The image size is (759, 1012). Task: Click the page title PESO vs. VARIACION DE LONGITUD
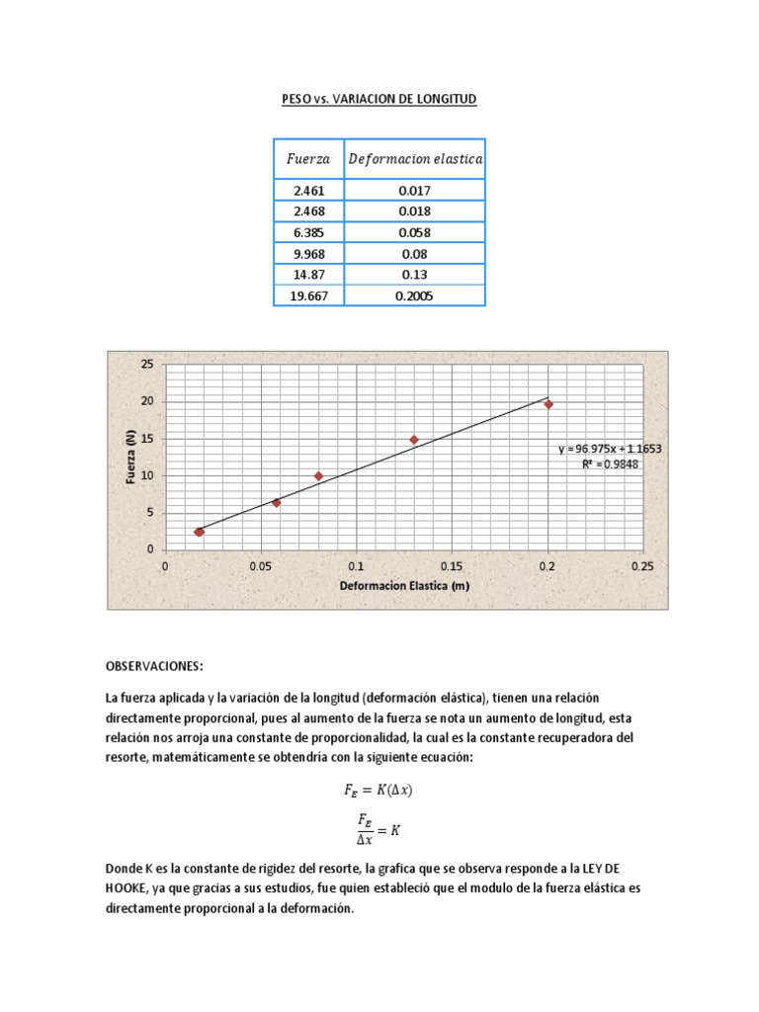pyautogui.click(x=379, y=100)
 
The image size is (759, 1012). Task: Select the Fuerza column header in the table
pyautogui.click(x=308, y=159)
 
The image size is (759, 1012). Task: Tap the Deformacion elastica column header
pyautogui.click(x=414, y=159)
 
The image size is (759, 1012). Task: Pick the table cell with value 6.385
pyautogui.click(x=308, y=232)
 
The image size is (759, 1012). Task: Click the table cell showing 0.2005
pyautogui.click(x=414, y=295)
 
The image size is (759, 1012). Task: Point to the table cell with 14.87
pyautogui.click(x=308, y=275)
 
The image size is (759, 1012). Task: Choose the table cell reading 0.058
pyautogui.click(x=414, y=232)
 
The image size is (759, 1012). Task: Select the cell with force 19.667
pyautogui.click(x=308, y=295)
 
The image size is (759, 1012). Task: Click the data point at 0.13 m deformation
pyautogui.click(x=414, y=440)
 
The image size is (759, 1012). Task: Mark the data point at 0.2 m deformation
pyautogui.click(x=548, y=404)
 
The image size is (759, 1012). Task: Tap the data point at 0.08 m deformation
pyautogui.click(x=318, y=476)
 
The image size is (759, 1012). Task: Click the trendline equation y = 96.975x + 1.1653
pyautogui.click(x=609, y=449)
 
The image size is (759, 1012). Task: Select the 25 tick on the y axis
pyautogui.click(x=147, y=365)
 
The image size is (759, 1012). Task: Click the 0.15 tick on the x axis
pyautogui.click(x=452, y=567)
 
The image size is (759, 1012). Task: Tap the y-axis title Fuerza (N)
pyautogui.click(x=129, y=457)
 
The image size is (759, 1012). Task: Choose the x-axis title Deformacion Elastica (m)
pyautogui.click(x=404, y=586)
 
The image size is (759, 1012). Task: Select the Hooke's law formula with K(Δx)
pyautogui.click(x=379, y=790)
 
